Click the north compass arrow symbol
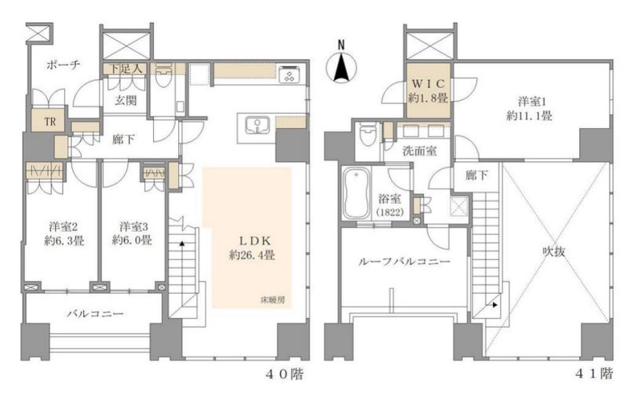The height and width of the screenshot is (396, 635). (x=341, y=65)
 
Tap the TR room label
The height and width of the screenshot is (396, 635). (x=50, y=121)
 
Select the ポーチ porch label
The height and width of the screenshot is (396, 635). (x=63, y=64)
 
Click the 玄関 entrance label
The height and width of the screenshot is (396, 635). (x=126, y=100)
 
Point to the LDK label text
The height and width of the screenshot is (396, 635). (x=255, y=240)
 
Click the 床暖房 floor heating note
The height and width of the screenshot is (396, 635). (x=272, y=300)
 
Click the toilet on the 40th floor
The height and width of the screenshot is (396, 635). (x=164, y=75)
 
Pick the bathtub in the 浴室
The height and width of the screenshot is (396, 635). (x=356, y=193)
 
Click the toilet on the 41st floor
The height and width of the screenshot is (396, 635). (x=367, y=134)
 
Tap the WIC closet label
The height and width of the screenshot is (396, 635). (x=428, y=83)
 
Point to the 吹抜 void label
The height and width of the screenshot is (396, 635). (x=553, y=251)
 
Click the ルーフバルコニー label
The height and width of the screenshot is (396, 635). (x=403, y=262)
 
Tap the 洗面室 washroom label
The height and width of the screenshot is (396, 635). (x=420, y=151)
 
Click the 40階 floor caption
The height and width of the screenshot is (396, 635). (x=284, y=373)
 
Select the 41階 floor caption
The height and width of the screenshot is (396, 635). (x=593, y=373)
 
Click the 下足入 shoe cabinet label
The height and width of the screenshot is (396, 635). (x=126, y=69)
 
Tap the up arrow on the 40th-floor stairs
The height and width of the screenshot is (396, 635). (x=182, y=244)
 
